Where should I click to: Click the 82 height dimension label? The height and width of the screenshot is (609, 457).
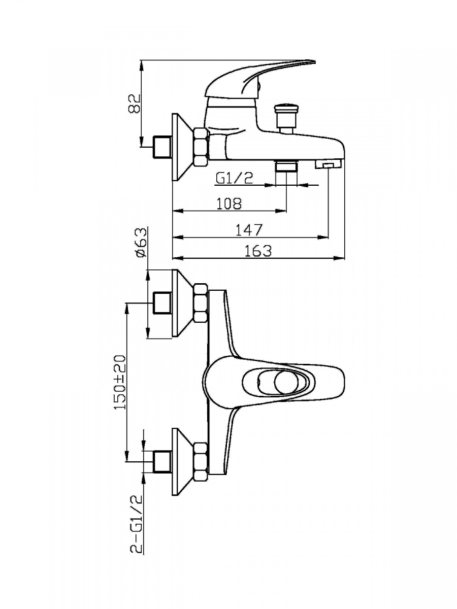[134, 104]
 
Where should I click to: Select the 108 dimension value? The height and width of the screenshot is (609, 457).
[228, 202]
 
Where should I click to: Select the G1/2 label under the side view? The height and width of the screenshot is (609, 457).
[234, 178]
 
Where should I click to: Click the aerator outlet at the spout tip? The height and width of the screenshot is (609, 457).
[329, 164]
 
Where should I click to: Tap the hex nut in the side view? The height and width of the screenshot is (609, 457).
[201, 147]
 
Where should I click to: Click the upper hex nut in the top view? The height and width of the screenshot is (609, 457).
[200, 303]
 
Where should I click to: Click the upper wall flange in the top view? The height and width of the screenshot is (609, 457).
[181, 303]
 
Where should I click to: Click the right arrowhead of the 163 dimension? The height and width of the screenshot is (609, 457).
[342, 258]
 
